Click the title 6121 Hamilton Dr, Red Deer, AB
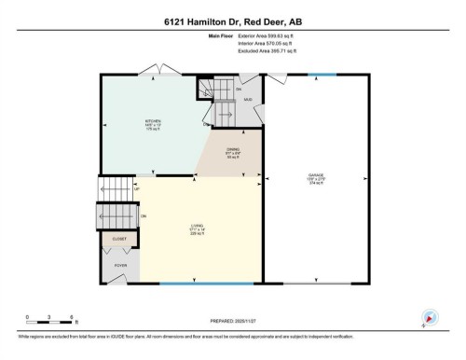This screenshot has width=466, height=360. [x=232, y=19]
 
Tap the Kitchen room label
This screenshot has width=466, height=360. [x=154, y=123]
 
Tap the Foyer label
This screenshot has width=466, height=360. [x=120, y=266]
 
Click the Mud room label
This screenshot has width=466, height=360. [x=248, y=99]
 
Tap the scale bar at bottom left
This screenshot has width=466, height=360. [x=51, y=322]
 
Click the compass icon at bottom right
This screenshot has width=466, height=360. [x=430, y=318]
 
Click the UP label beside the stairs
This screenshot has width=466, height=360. [x=137, y=190]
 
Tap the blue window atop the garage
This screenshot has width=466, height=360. [x=322, y=74]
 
